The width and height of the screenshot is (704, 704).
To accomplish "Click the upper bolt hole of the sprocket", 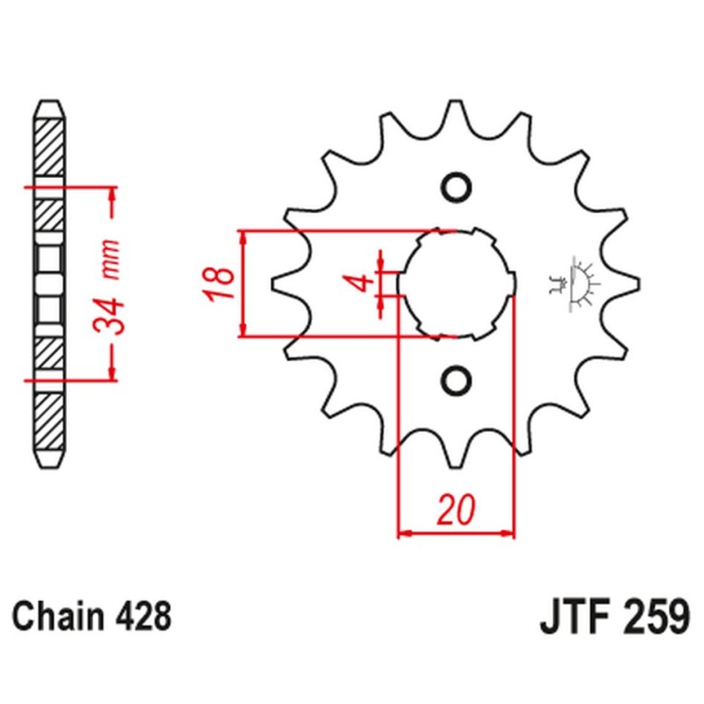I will [456, 187].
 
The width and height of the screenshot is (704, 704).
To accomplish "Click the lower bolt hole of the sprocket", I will [456, 379].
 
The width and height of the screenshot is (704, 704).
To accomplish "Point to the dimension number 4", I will [356, 283].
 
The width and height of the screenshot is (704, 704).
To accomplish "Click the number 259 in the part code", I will [650, 614].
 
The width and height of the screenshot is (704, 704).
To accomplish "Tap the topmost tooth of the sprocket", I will [456, 113].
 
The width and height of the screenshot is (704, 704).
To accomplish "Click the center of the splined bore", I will [456, 283].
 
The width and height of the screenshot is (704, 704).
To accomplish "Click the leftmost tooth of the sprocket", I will [280, 283].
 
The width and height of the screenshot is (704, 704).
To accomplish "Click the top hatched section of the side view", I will [49, 145].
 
